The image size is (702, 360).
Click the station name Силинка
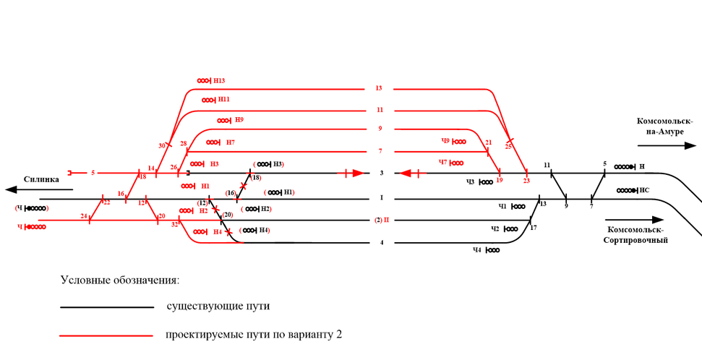(x=41, y=179)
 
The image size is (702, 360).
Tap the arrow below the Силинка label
(x=39, y=190)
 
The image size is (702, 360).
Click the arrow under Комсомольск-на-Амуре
(x=666, y=145)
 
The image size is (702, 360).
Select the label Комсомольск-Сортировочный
(x=635, y=234)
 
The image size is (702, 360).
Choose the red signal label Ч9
(x=446, y=141)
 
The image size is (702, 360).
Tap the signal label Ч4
(x=477, y=250)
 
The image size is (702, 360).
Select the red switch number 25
(x=508, y=147)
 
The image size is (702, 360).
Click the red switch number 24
(x=84, y=216)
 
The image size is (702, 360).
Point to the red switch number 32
(x=174, y=224)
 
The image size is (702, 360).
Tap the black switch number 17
(x=534, y=228)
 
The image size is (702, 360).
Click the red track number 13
(x=379, y=88)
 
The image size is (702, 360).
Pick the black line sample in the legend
(x=107, y=307)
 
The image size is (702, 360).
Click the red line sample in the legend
(x=107, y=335)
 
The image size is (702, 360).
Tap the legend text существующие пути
(x=218, y=307)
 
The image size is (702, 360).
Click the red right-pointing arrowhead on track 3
(x=359, y=173)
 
